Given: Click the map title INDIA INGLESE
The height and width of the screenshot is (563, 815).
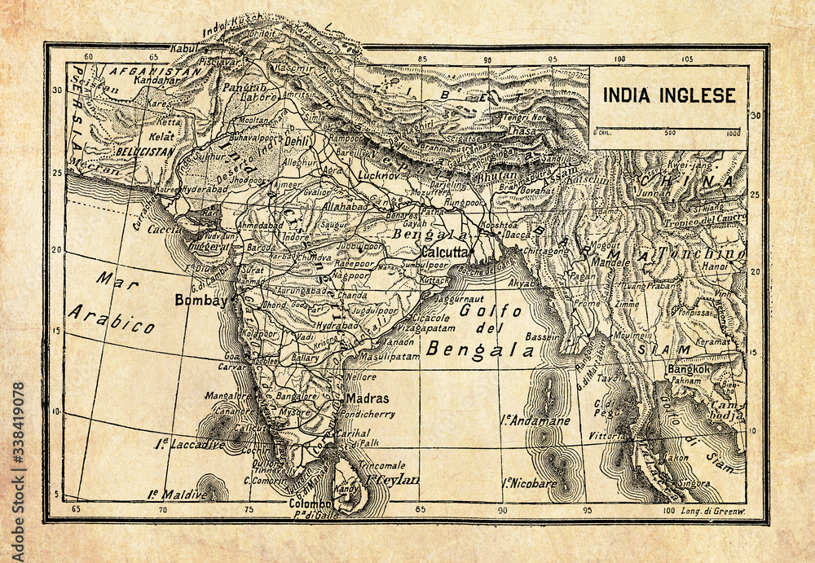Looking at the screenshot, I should [668, 95].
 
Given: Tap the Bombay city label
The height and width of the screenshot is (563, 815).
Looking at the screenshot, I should [200, 300].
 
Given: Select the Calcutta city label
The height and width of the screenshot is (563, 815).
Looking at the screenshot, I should [444, 252].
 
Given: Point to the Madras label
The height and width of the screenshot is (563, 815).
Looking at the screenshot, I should [368, 398].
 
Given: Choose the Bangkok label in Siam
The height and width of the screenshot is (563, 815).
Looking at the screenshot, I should [689, 369].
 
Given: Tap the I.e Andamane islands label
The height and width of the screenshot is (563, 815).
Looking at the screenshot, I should [535, 421].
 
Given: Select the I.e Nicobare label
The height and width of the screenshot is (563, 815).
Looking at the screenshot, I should [529, 482].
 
